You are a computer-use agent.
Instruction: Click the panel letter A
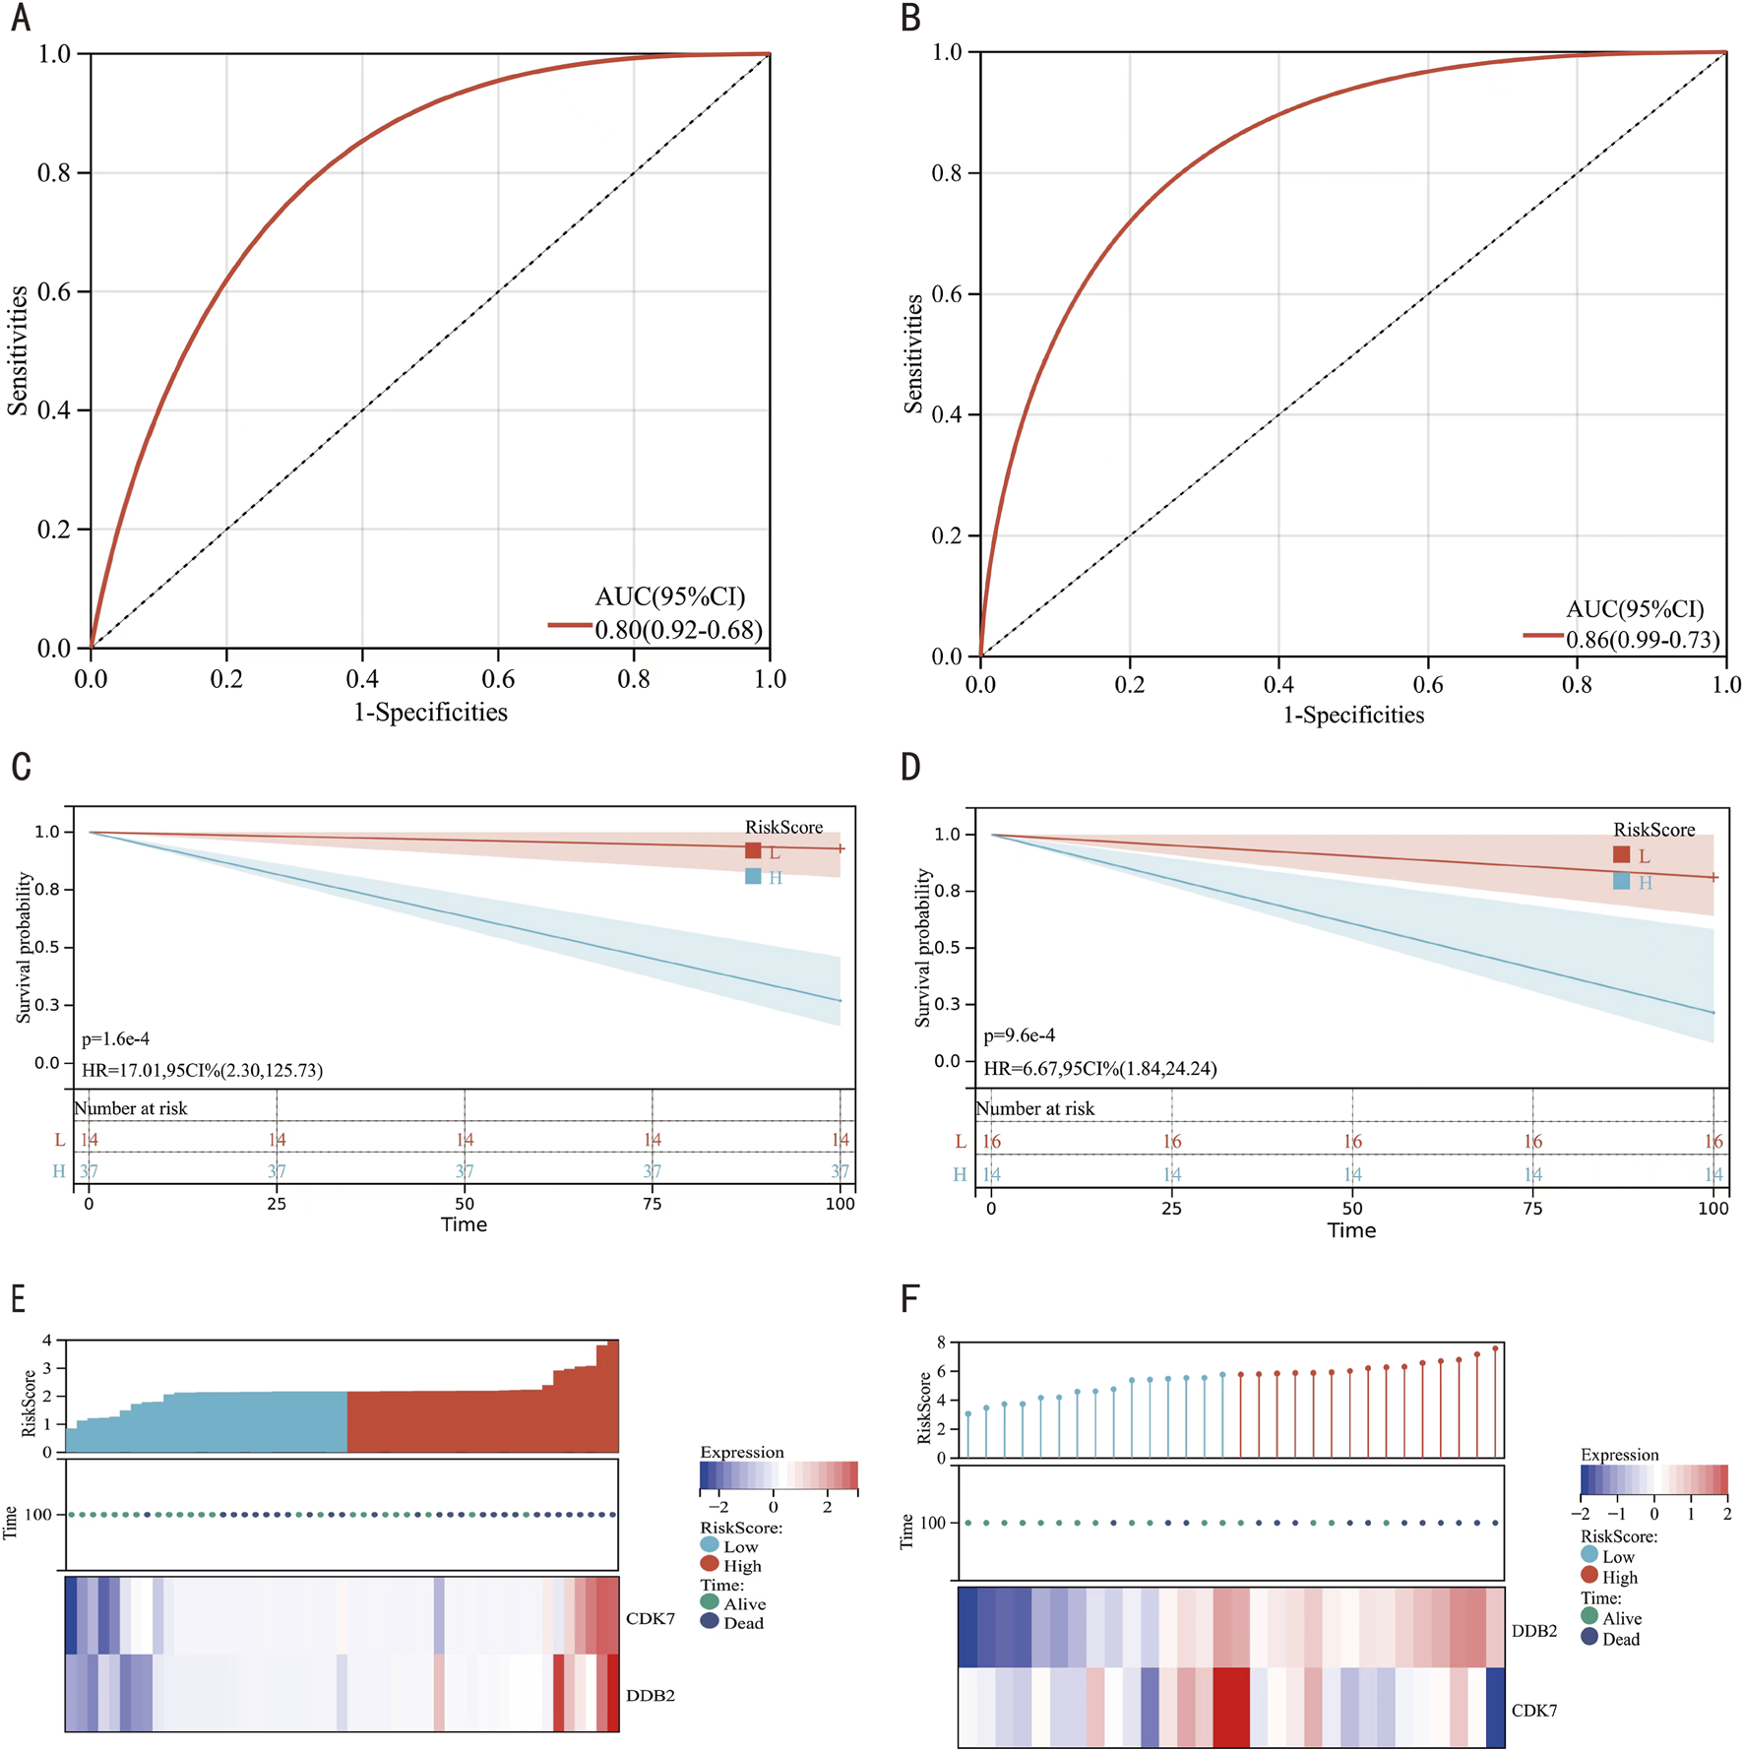click(21, 18)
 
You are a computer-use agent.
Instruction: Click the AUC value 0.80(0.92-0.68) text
click(678, 630)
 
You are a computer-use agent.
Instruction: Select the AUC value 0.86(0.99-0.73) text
click(1643, 640)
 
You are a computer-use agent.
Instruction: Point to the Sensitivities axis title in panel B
click(913, 353)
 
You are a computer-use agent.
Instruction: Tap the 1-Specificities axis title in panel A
click(430, 713)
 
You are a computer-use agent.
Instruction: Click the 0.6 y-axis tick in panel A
click(54, 292)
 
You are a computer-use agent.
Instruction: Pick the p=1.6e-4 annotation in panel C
click(115, 1038)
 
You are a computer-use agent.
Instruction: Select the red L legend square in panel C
click(753, 851)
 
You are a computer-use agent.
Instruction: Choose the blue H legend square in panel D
click(1621, 882)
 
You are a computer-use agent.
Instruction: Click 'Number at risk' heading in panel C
click(131, 1108)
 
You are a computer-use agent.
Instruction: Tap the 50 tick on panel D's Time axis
click(1352, 1208)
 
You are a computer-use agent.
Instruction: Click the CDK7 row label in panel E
click(650, 1618)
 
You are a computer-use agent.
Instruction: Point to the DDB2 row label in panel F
click(1533, 1631)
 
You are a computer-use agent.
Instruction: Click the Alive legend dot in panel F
click(1588, 1616)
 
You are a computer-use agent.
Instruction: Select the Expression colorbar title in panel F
click(1619, 1455)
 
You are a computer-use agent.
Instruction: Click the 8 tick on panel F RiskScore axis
click(941, 1343)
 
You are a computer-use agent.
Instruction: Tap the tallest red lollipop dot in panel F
click(1495, 1349)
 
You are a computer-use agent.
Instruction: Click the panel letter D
click(910, 767)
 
